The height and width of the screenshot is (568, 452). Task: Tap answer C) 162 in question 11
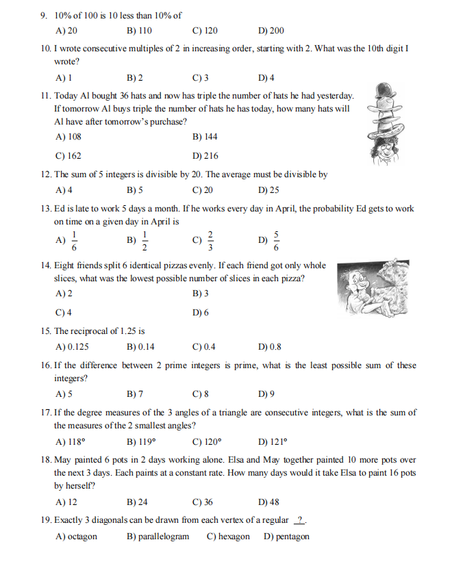(68, 156)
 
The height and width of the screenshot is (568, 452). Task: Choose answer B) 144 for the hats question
(205, 137)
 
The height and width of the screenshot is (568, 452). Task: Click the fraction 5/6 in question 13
(276, 241)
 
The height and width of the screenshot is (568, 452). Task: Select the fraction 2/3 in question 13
(210, 241)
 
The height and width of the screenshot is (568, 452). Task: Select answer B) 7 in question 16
(135, 394)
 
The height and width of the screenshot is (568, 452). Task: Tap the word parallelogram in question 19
(164, 537)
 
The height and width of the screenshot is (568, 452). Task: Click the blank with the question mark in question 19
(299, 520)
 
